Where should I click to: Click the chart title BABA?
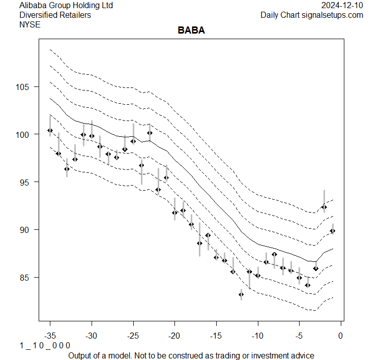(191, 31)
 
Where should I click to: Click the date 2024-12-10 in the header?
(343, 5)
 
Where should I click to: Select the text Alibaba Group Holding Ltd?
(66, 5)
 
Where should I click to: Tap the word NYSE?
(30, 24)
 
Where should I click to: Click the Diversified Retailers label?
(55, 15)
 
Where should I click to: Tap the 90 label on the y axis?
(26, 230)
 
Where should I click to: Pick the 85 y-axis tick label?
(26, 278)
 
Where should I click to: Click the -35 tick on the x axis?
(50, 336)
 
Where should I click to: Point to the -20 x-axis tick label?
(174, 336)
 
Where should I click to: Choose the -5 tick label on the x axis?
(299, 336)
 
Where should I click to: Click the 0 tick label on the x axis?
(341, 336)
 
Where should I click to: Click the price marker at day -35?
(50, 130)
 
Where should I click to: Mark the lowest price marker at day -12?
(241, 294)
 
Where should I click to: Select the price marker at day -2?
(324, 207)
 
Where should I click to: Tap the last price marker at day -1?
(333, 231)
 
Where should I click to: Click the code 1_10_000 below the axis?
(45, 346)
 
